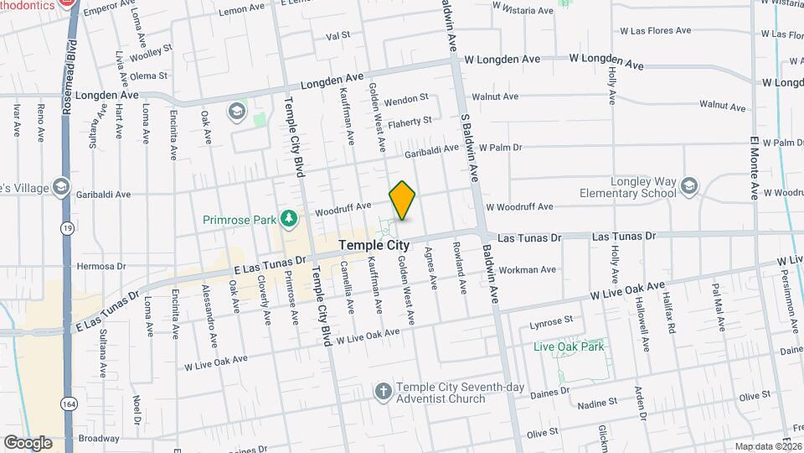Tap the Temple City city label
374,246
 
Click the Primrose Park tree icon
289,219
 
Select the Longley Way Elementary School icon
689,185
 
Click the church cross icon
383,391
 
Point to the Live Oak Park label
569,346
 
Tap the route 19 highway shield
66,227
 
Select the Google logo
28,442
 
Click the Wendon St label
406,99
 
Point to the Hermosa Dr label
100,266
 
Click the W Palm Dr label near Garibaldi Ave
500,147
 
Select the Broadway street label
99,438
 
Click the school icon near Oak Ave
237,111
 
